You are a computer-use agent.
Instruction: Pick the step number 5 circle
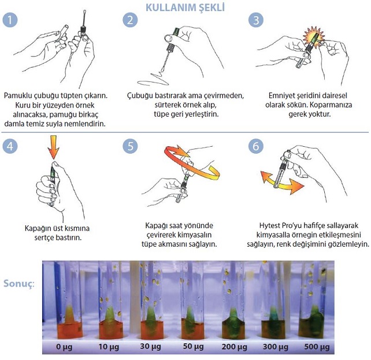coord(131,146)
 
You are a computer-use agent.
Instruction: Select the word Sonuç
coord(19,284)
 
